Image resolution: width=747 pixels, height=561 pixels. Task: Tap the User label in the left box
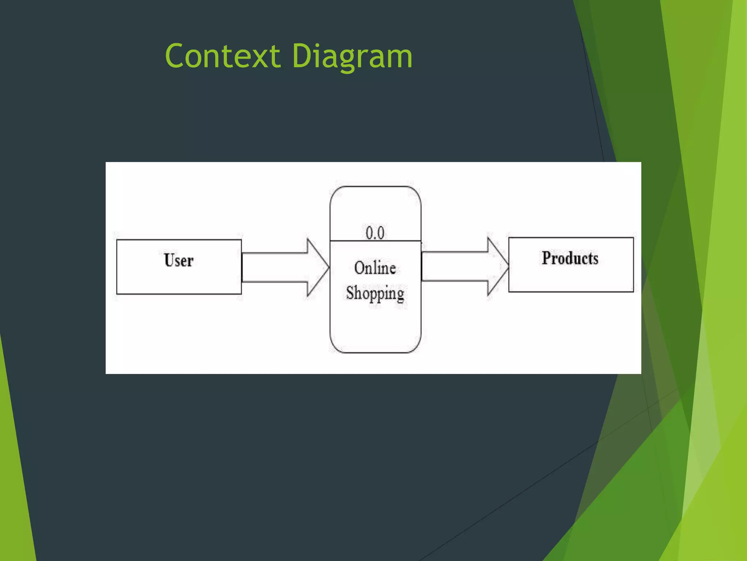tap(178, 260)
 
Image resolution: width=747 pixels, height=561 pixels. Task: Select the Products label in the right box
tap(570, 258)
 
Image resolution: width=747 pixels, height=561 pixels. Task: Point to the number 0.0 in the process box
tap(375, 233)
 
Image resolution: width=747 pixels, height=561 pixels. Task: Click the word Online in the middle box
tap(375, 268)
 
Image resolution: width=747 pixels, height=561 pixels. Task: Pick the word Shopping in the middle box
tap(375, 293)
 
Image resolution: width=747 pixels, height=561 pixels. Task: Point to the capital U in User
tap(169, 260)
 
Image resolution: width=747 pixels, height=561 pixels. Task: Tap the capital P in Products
tap(546, 258)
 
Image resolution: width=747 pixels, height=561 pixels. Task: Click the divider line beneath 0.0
tap(375, 241)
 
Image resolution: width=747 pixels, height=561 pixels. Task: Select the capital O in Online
tap(360, 268)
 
